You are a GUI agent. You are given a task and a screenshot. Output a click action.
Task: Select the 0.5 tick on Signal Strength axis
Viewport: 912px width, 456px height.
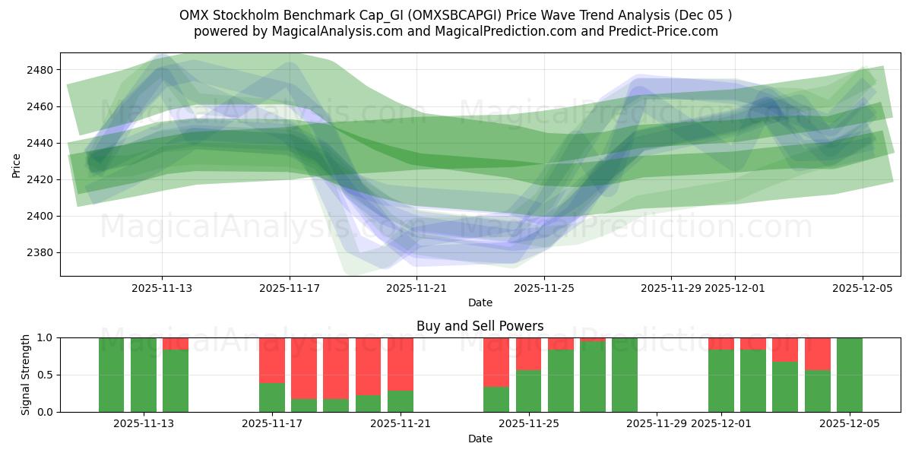(x=45, y=375)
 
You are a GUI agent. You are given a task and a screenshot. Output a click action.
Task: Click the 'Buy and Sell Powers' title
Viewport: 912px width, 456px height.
(x=480, y=326)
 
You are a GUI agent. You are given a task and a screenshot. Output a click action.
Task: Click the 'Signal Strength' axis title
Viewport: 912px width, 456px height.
(x=25, y=374)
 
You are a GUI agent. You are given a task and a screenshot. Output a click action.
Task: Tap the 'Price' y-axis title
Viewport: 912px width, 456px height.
(x=16, y=165)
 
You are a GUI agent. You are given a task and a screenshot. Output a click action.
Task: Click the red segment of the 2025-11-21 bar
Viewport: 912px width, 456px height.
(x=400, y=363)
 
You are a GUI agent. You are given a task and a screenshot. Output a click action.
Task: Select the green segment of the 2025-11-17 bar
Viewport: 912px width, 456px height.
(x=272, y=397)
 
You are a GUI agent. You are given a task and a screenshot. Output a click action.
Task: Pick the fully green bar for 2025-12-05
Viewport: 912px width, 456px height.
(x=850, y=375)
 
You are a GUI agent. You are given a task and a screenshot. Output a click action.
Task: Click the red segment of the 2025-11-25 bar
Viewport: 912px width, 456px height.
(x=528, y=353)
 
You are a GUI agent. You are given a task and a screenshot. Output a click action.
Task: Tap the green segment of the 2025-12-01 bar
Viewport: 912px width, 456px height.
(x=720, y=381)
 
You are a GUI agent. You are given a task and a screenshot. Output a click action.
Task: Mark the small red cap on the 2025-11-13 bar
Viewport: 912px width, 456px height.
(x=176, y=344)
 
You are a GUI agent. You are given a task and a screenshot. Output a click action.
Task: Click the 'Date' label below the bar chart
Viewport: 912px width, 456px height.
(x=480, y=439)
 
